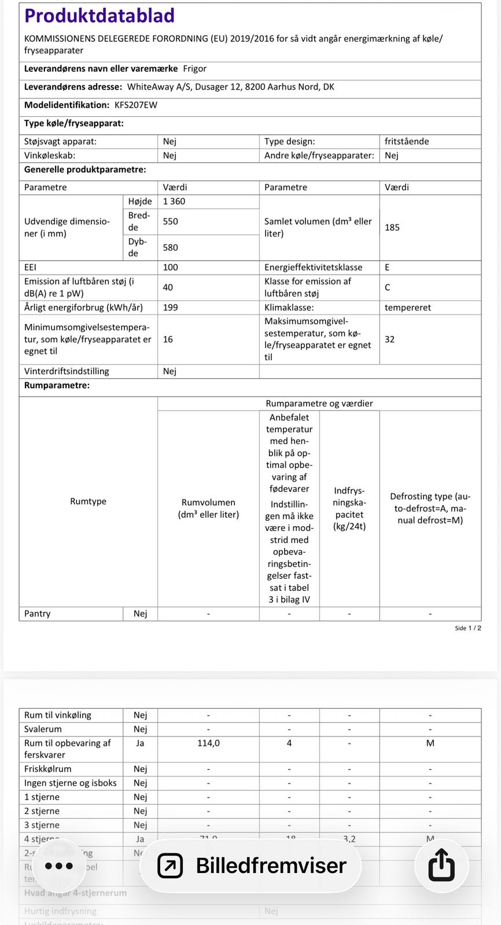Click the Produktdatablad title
point(99,16)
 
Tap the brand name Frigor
point(194,69)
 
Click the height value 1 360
point(174,201)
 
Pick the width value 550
point(170,221)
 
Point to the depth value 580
point(170,247)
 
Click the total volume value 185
point(392,227)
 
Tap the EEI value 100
point(170,267)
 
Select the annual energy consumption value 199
point(170,308)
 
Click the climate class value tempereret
point(407,308)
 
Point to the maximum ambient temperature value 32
point(389,339)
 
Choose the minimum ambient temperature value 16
point(168,339)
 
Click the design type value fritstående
point(407,141)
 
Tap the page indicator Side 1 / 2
point(467,628)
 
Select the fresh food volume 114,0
point(208,743)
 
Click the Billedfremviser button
point(251,865)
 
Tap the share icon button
point(441,865)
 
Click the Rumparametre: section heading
point(57,386)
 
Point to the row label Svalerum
point(43,729)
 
